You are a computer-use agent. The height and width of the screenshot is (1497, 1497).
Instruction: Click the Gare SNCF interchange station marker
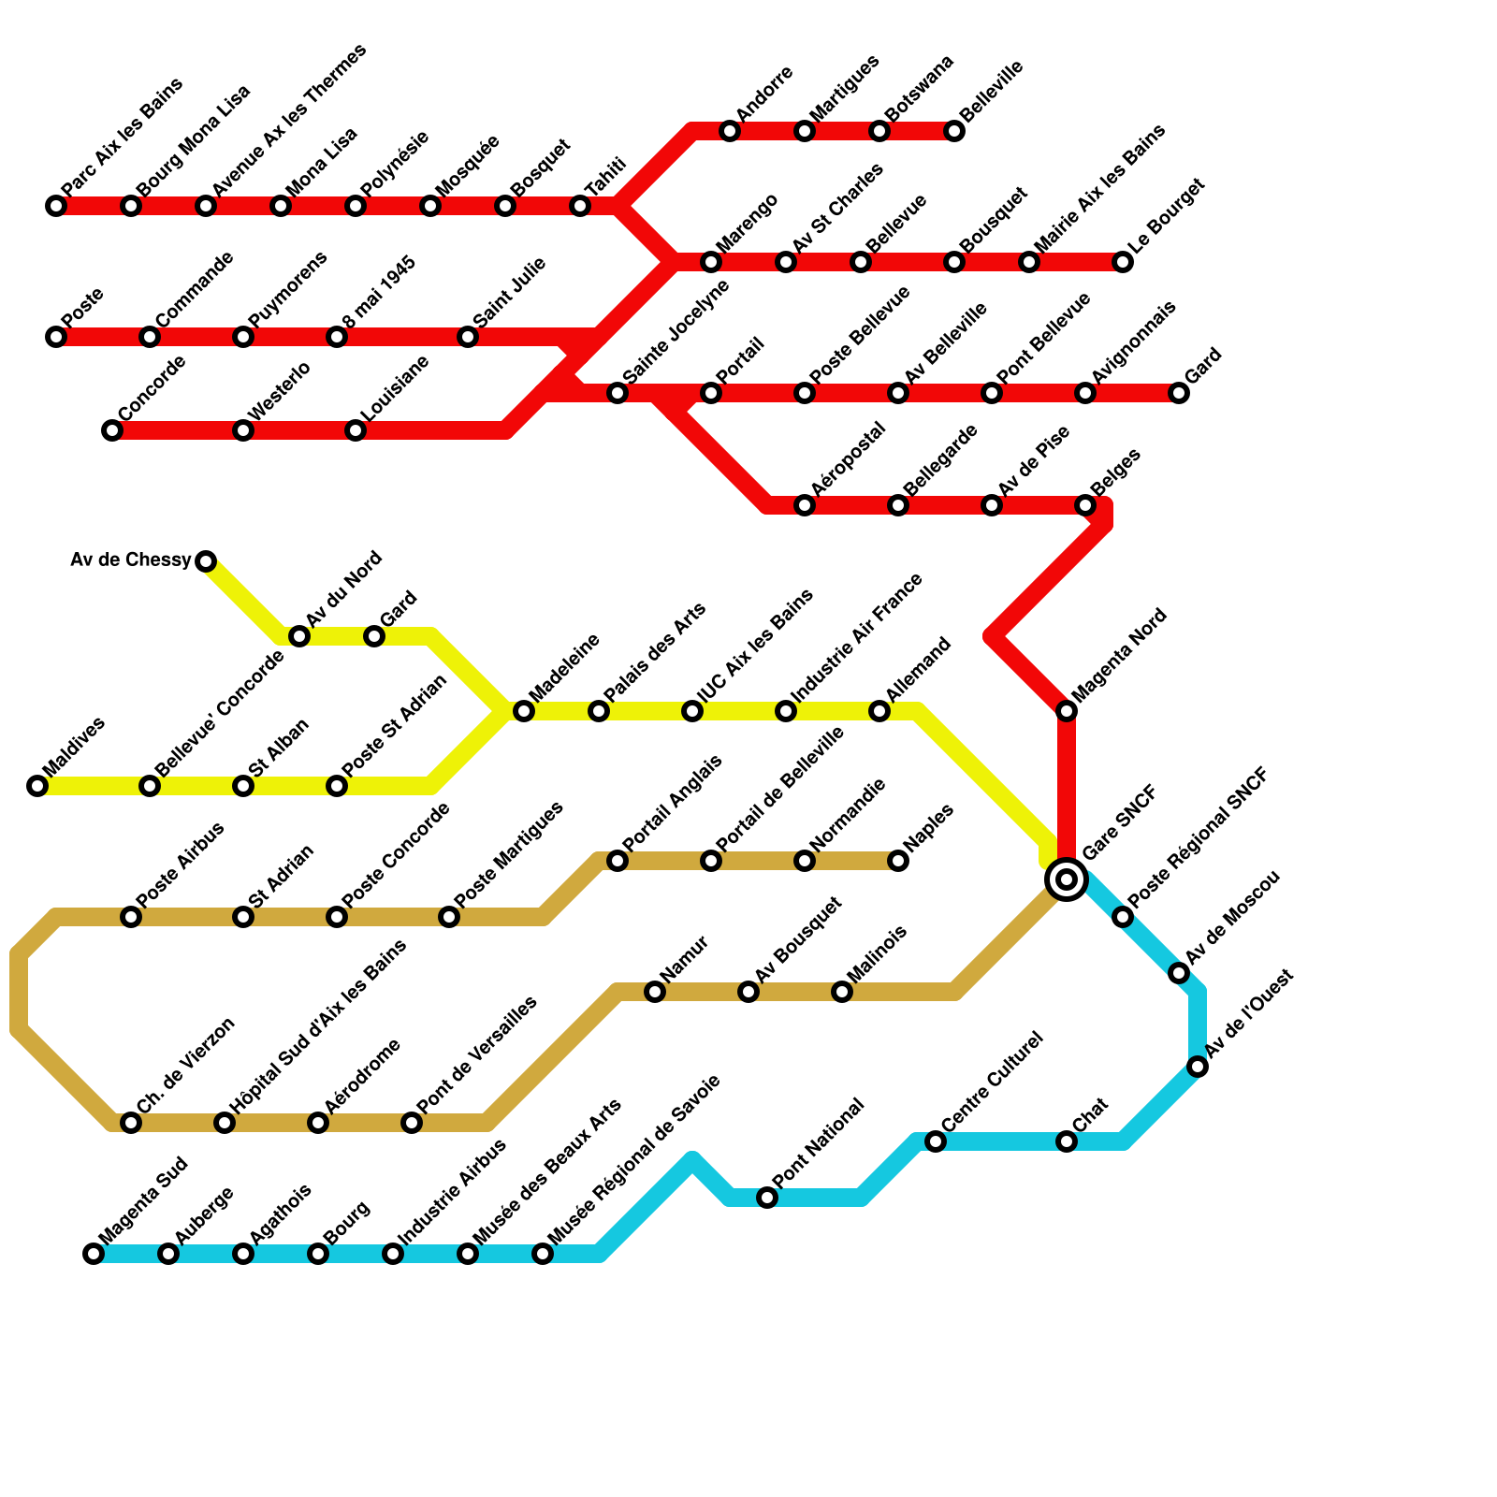coord(1067,879)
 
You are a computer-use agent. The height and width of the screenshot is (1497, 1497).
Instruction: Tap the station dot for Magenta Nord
coord(1067,711)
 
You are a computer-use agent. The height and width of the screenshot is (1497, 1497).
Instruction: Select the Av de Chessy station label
coord(131,560)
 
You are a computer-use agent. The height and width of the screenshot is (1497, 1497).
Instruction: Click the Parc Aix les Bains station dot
coord(56,206)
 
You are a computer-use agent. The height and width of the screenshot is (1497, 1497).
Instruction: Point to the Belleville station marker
coord(954,131)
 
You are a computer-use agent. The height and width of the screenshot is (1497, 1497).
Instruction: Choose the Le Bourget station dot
coord(1123,262)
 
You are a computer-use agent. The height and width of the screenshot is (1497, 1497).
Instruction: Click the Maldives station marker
coord(37,786)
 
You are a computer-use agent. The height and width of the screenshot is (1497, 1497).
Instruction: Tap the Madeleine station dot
coord(524,711)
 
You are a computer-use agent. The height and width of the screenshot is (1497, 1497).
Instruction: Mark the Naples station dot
coord(898,861)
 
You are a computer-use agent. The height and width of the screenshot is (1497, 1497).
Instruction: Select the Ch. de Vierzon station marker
coord(131,1123)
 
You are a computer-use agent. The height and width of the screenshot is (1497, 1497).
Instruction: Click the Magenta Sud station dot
coord(94,1254)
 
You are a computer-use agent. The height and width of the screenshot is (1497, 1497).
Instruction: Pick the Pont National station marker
coord(767,1198)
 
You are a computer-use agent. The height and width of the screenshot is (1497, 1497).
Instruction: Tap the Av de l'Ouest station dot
coord(1198,1067)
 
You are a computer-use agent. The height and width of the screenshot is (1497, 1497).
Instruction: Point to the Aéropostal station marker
coord(805,505)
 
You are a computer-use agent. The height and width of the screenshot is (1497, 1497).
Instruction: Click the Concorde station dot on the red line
coord(112,430)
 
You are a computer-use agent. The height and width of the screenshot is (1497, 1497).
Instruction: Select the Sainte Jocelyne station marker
coord(618,393)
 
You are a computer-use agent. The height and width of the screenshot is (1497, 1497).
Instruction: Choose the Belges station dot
coord(1085,505)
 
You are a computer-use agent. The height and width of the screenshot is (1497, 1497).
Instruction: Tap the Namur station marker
coord(655,992)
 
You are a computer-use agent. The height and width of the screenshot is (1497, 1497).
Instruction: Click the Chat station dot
coord(1067,1141)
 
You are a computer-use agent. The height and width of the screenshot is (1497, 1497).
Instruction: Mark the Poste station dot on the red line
coord(56,337)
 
